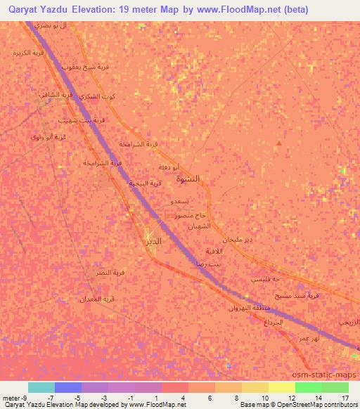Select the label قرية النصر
(110, 272)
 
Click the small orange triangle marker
(279, 144)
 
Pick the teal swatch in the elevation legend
(41, 387)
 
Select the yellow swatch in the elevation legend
(281, 387)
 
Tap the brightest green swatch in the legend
(308, 387)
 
